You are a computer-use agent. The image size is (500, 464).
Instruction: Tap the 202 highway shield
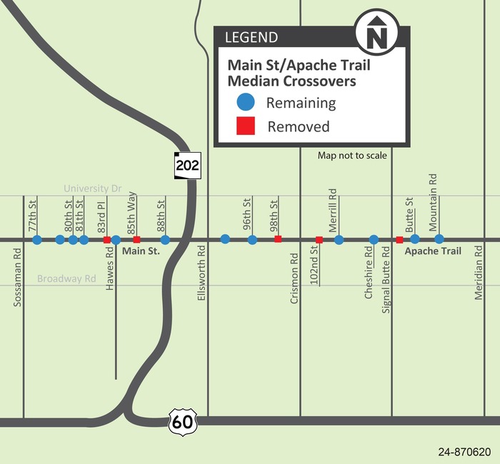click(186, 166)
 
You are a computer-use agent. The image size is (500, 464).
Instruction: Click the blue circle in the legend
click(246, 103)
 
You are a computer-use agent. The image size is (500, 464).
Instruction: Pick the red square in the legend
click(246, 127)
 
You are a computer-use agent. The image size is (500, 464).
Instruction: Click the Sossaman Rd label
click(18, 278)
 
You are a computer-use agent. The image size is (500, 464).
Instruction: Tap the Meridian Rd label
click(480, 273)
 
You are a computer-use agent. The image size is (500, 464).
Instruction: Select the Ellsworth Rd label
click(202, 272)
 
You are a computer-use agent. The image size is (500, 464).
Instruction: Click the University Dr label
click(93, 189)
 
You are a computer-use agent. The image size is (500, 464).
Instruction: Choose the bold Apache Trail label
click(433, 251)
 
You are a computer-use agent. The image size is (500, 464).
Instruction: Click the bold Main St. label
click(141, 251)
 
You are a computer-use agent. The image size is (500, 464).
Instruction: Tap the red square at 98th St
click(278, 239)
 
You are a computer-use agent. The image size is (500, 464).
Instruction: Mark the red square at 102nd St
click(319, 240)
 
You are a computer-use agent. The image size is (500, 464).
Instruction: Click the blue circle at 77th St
click(37, 240)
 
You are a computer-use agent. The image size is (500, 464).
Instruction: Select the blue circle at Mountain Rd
click(439, 239)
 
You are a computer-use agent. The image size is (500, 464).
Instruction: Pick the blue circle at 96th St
click(252, 240)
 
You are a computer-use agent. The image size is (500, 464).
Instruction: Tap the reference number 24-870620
click(464, 452)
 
